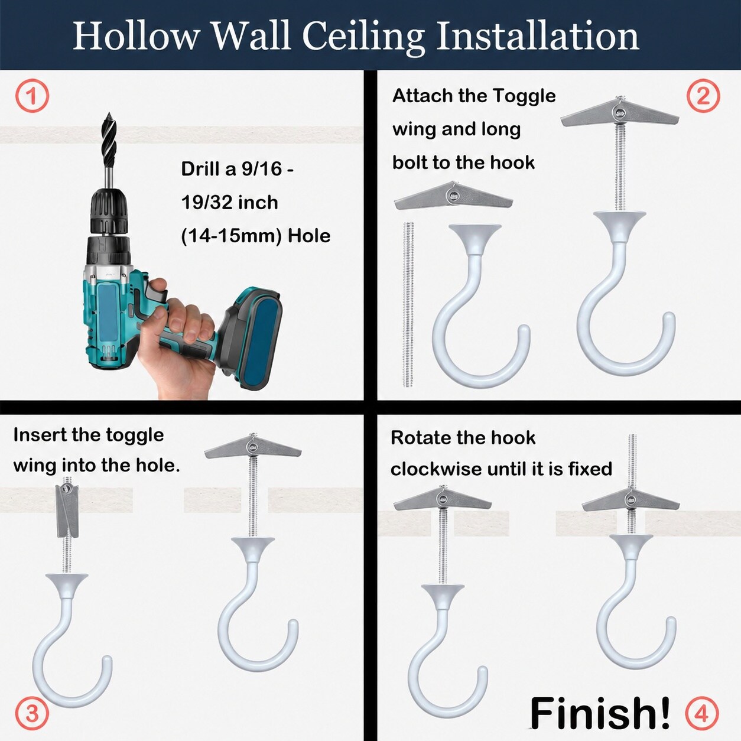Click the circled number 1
pyautogui.click(x=32, y=96)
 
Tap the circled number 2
pyautogui.click(x=703, y=96)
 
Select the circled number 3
pyautogui.click(x=32, y=714)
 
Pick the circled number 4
pyautogui.click(x=702, y=714)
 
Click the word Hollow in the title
pyautogui.click(x=136, y=37)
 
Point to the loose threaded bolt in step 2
pyautogui.click(x=408, y=304)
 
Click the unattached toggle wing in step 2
pyautogui.click(x=454, y=196)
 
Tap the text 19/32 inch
pyautogui.click(x=229, y=203)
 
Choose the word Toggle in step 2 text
pyautogui.click(x=525, y=96)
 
